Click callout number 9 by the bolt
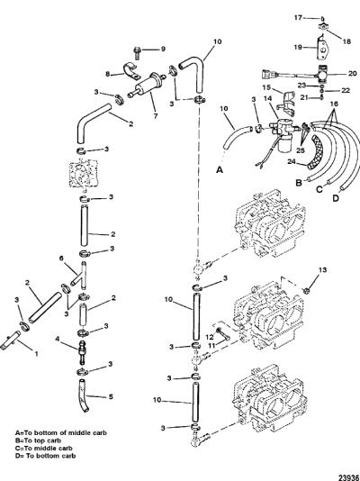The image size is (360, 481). (x=163, y=49)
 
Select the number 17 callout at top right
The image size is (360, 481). (x=298, y=18)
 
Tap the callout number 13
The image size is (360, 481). (x=322, y=270)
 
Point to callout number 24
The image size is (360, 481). (x=292, y=161)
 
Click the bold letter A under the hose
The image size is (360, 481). (x=220, y=169)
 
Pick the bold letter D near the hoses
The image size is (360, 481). (x=336, y=198)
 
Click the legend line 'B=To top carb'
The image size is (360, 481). (x=39, y=440)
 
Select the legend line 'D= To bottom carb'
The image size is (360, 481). (x=45, y=456)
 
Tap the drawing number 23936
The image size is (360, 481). (x=348, y=477)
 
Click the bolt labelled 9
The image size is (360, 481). (x=137, y=53)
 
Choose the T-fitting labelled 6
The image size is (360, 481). (x=81, y=276)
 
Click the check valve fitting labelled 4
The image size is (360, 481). (x=83, y=351)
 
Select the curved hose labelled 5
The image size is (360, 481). (x=83, y=395)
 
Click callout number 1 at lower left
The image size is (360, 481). (x=37, y=354)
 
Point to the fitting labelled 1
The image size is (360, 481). (x=10, y=340)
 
